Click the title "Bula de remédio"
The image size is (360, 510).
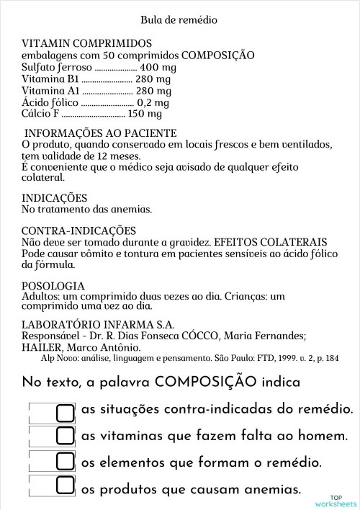tap(181, 19)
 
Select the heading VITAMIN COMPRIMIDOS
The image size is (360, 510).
tap(87, 43)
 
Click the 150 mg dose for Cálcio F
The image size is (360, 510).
tap(145, 114)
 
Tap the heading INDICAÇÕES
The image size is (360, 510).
tap(55, 197)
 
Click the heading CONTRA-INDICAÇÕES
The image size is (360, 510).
tap(79, 231)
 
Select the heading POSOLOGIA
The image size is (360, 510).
tap(53, 286)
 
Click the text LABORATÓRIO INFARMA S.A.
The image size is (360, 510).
tap(99, 324)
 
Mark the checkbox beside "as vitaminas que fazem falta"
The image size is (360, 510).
tap(66, 436)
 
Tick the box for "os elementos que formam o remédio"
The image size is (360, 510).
tap(66, 461)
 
